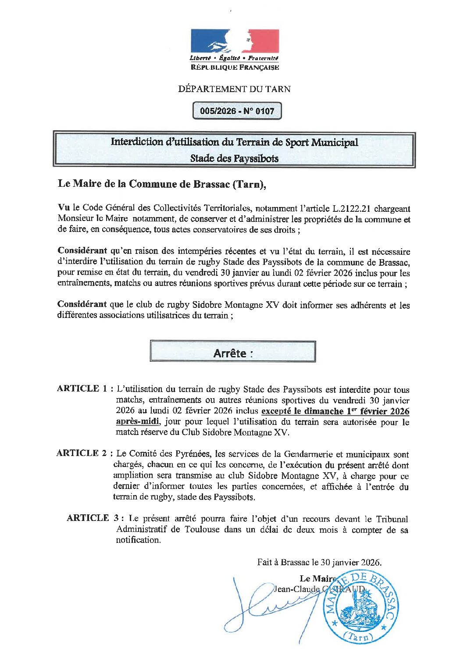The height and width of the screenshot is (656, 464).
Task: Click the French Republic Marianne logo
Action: [x=235, y=42]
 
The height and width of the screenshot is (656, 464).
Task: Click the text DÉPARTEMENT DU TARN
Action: [x=234, y=89]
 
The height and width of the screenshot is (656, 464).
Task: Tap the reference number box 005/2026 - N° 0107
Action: [x=237, y=111]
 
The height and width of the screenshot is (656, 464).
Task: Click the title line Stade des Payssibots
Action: [x=234, y=158]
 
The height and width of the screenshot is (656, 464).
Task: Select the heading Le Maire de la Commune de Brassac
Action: [x=162, y=184]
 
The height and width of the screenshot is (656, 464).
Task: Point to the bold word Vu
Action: [x=64, y=207]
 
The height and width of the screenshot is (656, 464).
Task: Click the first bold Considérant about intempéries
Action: [x=82, y=251]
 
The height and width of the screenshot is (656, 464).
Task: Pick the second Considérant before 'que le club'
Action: [x=82, y=304]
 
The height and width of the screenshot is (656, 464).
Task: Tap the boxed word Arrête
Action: [x=232, y=353]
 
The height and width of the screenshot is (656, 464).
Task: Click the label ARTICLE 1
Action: [x=82, y=389]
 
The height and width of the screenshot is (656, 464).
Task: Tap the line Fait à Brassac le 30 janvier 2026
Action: [x=319, y=562]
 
